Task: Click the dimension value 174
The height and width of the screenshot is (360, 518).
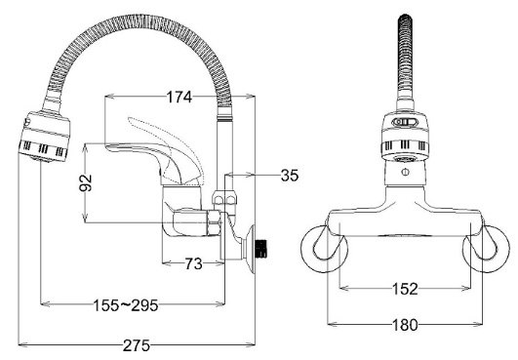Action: [x=178, y=99]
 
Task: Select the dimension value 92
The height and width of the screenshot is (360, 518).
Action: [x=85, y=182]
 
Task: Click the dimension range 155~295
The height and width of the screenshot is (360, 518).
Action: [x=130, y=305]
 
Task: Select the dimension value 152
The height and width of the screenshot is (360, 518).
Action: [x=408, y=289]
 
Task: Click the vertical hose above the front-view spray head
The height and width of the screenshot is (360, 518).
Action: [x=407, y=59]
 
